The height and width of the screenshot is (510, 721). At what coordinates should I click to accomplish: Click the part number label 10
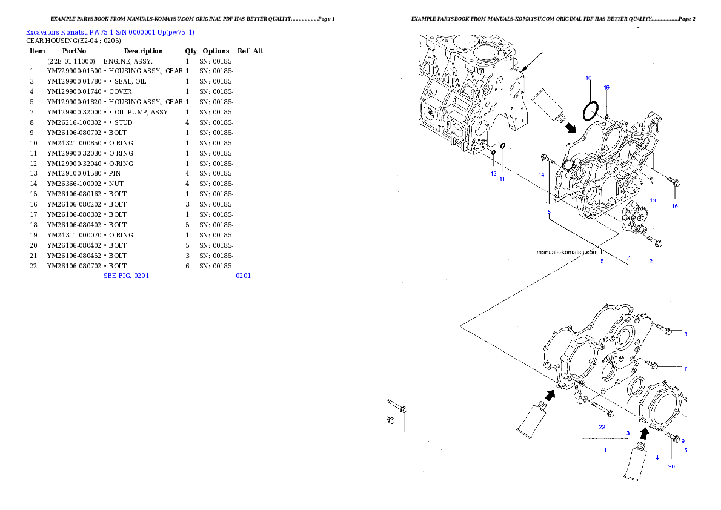click(x=588, y=78)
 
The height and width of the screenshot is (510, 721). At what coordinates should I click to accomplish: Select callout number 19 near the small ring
click(x=606, y=87)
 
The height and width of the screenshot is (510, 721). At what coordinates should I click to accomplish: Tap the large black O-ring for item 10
click(x=590, y=111)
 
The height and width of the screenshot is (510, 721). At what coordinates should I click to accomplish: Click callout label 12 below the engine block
click(x=494, y=173)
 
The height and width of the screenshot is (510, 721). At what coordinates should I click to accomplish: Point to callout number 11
click(x=502, y=179)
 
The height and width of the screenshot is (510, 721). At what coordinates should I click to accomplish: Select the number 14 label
click(x=542, y=174)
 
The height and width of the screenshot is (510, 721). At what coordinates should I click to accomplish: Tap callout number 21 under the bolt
click(x=652, y=262)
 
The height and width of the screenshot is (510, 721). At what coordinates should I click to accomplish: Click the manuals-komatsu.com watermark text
click(x=567, y=252)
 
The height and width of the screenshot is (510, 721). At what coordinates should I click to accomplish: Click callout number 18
click(x=684, y=334)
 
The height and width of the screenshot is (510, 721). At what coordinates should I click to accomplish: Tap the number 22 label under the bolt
click(x=602, y=426)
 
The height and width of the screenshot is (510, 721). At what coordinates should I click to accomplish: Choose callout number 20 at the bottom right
click(x=671, y=466)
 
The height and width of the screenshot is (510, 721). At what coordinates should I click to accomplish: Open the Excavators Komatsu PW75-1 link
click(x=110, y=32)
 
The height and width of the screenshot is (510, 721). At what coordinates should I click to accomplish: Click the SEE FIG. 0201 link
click(x=126, y=276)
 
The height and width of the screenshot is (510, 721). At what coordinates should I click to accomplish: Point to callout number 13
click(x=653, y=200)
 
